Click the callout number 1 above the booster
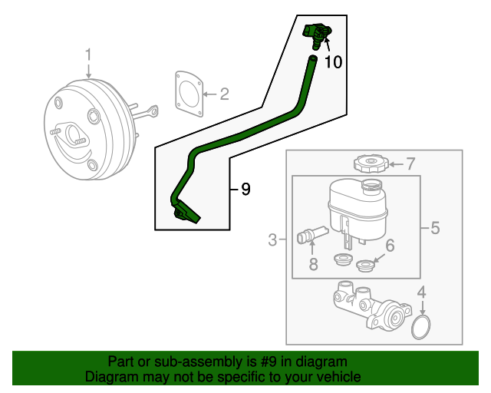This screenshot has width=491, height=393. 88,54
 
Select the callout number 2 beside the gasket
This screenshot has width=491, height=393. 224,95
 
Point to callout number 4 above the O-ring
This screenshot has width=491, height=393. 420,292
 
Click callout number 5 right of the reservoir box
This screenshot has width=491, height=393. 434,228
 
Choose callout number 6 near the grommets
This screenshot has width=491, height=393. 389,246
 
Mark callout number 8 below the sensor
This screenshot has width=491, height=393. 313,265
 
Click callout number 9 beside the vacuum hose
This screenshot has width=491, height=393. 245,189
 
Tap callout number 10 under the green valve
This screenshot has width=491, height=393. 333,62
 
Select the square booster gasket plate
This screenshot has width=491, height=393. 188,94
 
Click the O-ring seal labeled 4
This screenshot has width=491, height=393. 420,328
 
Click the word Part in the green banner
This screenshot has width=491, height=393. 121,362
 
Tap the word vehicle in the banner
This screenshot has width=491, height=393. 338,377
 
